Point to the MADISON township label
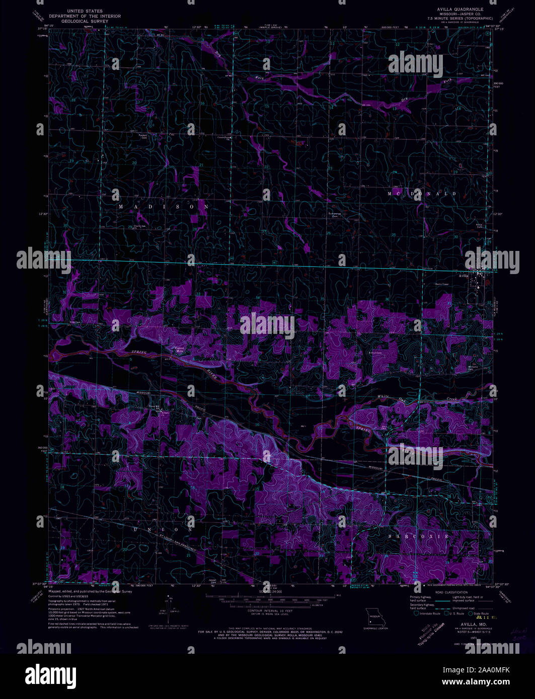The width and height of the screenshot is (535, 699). (x=164, y=207)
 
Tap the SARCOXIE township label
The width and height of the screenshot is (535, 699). (x=419, y=537)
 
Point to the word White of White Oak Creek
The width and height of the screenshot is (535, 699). (x=385, y=397)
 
